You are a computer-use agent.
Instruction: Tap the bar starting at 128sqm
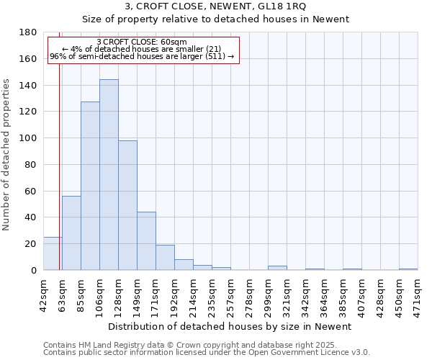click(127, 205)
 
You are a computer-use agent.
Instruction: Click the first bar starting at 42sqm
click(52, 253)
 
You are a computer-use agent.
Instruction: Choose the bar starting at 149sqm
click(146, 240)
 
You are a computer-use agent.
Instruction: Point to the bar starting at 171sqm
click(165, 257)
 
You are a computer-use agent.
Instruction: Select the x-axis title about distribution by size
click(230, 327)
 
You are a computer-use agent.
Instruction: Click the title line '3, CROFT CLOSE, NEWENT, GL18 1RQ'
click(215, 6)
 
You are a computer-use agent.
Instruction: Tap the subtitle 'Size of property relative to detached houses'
click(215, 19)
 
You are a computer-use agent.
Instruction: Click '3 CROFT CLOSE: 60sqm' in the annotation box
click(142, 42)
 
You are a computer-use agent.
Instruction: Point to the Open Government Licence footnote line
click(207, 353)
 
